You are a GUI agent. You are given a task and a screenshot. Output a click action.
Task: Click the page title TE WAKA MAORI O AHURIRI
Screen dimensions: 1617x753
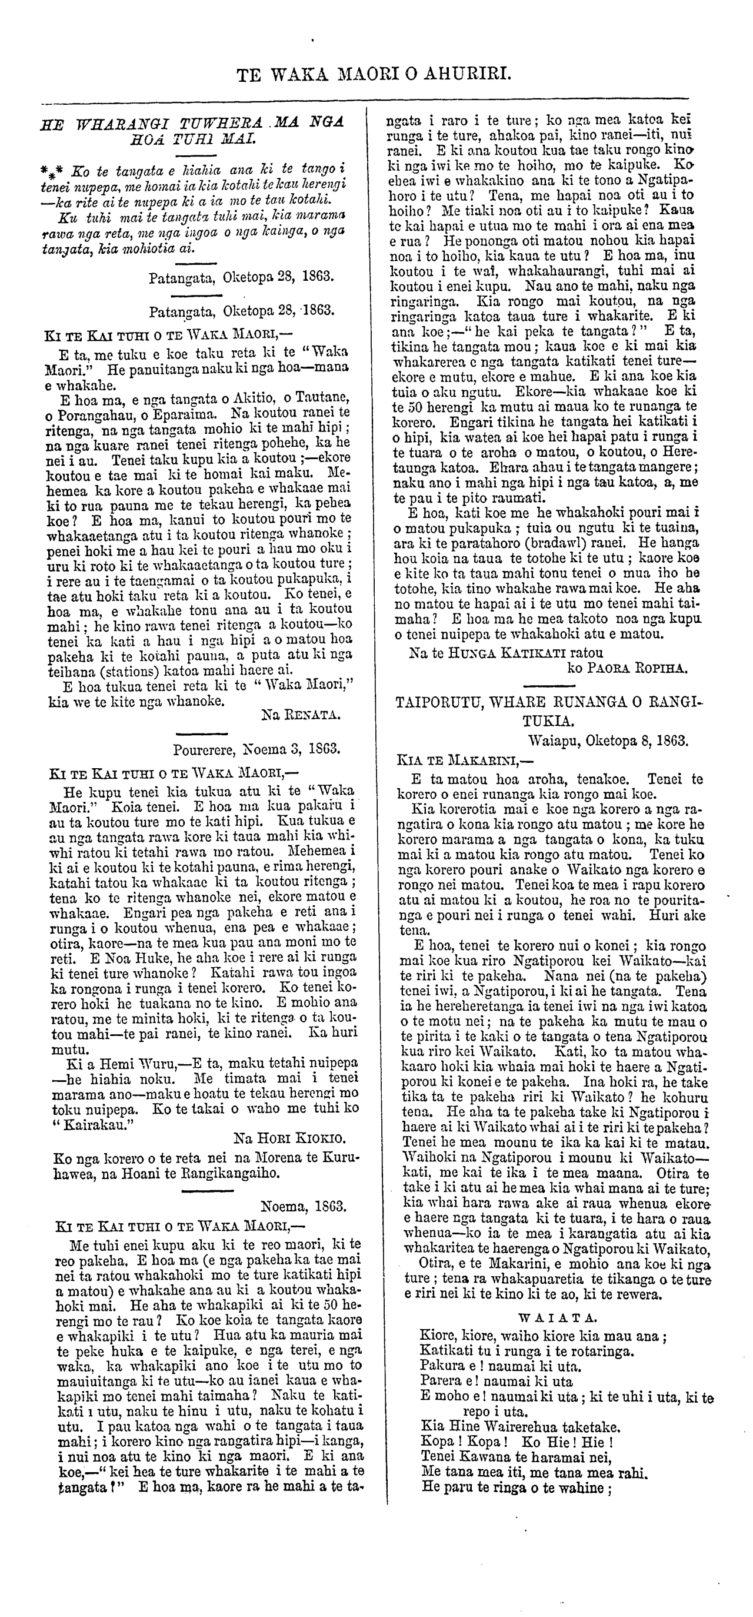coord(375,76)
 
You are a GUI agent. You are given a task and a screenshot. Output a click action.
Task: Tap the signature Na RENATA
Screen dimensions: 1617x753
coord(301,713)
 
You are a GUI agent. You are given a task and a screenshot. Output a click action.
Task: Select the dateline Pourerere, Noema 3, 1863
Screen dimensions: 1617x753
coord(256,749)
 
